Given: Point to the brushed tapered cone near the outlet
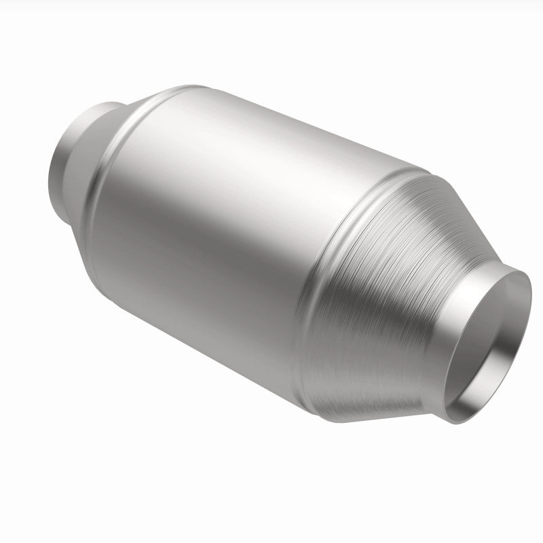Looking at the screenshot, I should (x=400, y=271).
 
